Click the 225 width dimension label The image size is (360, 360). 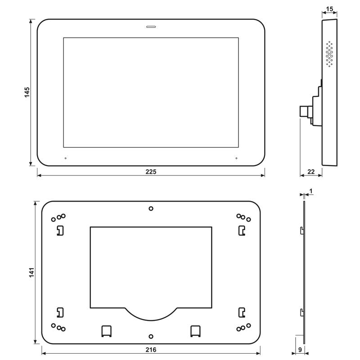(151, 171)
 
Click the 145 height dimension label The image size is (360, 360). (27, 92)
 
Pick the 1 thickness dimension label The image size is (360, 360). (311, 191)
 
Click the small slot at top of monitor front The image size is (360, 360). (151, 27)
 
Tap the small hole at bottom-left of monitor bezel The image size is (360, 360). (65, 158)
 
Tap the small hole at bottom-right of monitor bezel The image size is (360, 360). (236, 158)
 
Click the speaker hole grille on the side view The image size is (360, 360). (329, 54)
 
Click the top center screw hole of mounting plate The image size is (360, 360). (151, 208)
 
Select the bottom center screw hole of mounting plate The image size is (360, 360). (151, 336)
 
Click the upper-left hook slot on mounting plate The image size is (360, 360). (59, 230)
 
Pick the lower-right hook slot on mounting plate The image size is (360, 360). (242, 312)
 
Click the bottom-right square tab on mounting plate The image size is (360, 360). (195, 330)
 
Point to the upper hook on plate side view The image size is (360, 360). (301, 230)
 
